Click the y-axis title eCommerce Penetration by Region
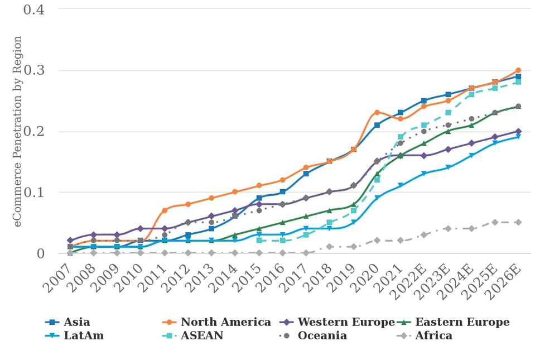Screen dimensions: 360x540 pos(18,131)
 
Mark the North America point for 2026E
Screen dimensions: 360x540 pos(518,70)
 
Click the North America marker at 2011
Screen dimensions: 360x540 pos(165,210)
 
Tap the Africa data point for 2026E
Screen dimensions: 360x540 pos(518,222)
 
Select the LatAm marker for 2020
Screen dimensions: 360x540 pos(377,198)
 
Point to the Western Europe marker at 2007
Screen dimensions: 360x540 pos(70,241)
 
